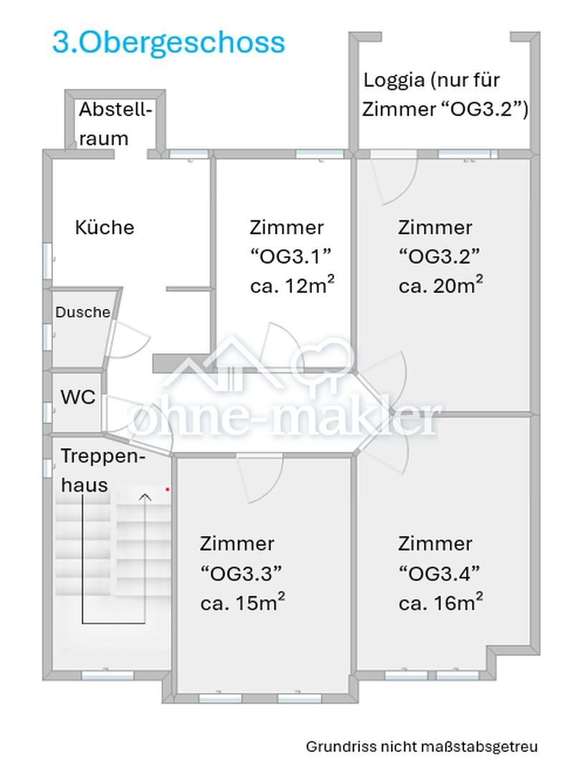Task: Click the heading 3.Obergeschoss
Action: (169, 44)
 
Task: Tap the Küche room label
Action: (104, 227)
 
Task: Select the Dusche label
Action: (82, 312)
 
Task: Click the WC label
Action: (77, 396)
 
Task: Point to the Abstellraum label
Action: (115, 123)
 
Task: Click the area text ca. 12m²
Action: (293, 285)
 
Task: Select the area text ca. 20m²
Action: (440, 285)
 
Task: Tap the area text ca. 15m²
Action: (242, 602)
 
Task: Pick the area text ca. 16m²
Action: (440, 602)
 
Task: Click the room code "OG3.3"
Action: (241, 573)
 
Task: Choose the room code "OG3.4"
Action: (439, 573)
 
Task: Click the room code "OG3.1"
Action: (290, 256)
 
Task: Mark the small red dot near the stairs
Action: (168, 489)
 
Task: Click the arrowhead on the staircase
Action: (145, 497)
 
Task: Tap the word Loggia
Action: (394, 80)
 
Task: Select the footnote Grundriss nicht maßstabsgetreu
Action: (422, 746)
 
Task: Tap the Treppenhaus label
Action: (103, 470)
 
